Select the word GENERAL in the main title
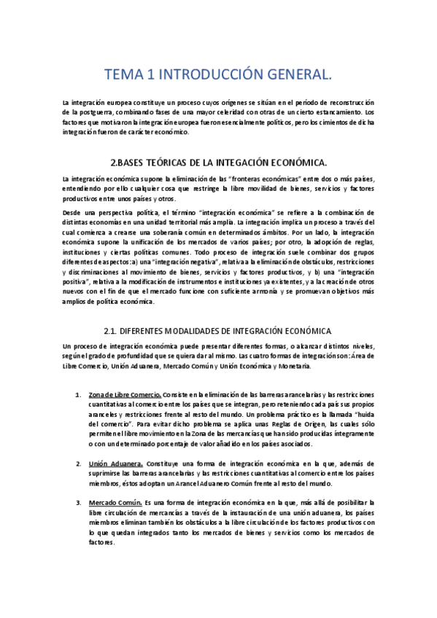point(295,74)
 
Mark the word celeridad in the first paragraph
point(224,113)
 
